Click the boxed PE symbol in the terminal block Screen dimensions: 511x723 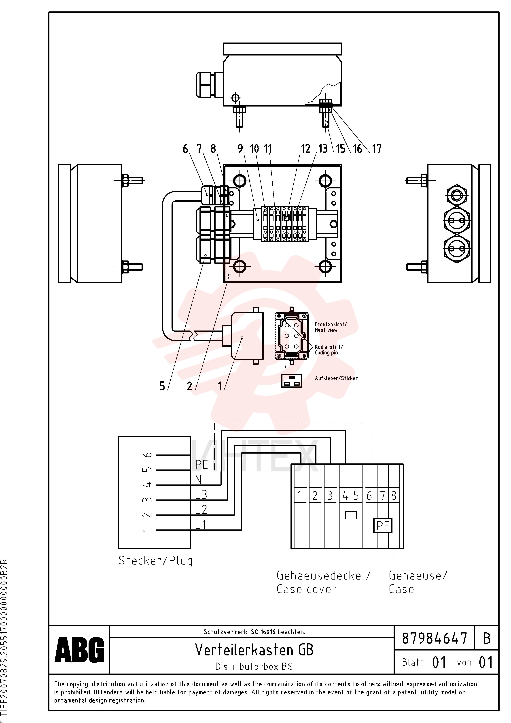(383, 526)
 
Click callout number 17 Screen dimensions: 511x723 (377, 149)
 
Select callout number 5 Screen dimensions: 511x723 (162, 386)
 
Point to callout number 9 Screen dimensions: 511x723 (240, 149)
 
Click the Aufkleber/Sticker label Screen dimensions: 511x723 (336, 378)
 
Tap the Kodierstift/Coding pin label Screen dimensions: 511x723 (329, 350)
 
